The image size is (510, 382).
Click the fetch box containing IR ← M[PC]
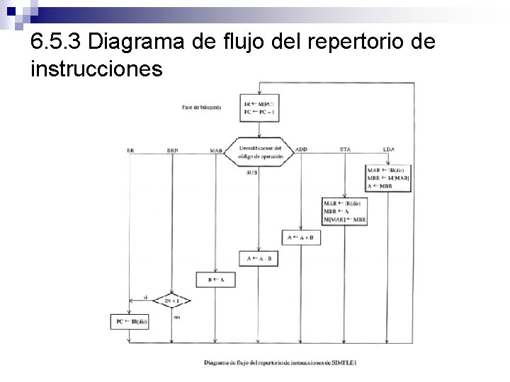(260, 108)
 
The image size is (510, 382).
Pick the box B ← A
(215, 279)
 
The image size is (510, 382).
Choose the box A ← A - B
(260, 259)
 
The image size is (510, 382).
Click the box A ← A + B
(302, 238)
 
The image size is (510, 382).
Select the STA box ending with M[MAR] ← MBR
(345, 212)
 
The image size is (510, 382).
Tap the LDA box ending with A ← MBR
(388, 178)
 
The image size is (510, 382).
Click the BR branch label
(130, 150)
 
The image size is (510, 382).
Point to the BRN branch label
(173, 150)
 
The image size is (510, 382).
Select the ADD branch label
(301, 149)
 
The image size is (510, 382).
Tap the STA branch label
(345, 149)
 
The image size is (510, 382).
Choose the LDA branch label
(388, 149)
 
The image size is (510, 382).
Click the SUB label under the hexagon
(251, 173)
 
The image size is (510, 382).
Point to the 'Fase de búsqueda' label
(201, 108)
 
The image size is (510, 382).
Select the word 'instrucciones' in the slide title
(97, 69)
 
